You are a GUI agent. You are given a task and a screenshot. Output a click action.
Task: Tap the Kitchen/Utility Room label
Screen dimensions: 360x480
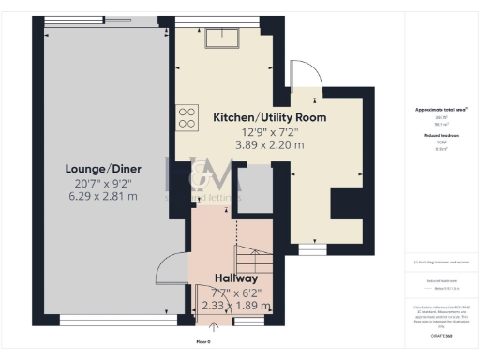pyautogui.click(x=270, y=117)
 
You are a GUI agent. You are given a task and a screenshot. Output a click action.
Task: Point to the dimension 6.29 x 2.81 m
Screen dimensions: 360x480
pyautogui.click(x=93, y=196)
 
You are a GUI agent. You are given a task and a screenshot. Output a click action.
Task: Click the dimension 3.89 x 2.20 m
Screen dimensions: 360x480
pyautogui.click(x=270, y=145)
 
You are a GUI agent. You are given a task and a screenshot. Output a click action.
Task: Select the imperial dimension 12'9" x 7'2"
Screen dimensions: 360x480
pyautogui.click(x=270, y=131)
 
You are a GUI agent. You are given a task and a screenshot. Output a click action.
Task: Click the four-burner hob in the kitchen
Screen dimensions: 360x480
pyautogui.click(x=187, y=117)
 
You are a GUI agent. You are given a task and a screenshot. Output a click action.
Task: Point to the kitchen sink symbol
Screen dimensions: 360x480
pyautogui.click(x=225, y=37)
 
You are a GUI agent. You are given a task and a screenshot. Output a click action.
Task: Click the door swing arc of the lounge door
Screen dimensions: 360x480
pyautogui.click(x=169, y=270)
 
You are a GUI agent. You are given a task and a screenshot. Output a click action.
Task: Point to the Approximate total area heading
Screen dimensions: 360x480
pyautogui.click(x=441, y=110)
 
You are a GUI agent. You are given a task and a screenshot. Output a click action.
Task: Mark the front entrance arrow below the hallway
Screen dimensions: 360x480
pyautogui.click(x=215, y=327)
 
